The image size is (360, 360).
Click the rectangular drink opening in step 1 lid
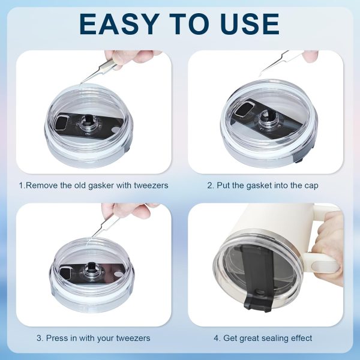point(62,124)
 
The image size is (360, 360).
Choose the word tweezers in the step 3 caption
point(131,338)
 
